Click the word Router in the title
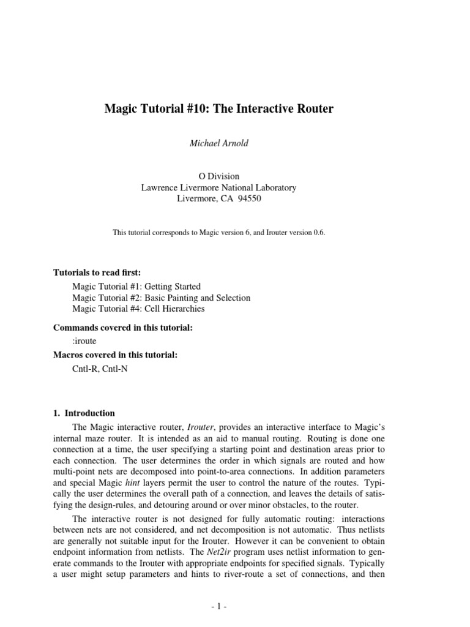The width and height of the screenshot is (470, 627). pos(311,109)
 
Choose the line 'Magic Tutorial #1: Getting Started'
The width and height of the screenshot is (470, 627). pos(136,286)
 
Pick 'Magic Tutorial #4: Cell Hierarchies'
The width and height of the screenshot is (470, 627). pos(138,309)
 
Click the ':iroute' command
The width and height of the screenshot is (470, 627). pos(84,341)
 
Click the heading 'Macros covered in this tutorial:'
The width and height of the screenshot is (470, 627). pos(115,355)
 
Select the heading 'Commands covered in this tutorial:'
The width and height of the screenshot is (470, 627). pos(123,328)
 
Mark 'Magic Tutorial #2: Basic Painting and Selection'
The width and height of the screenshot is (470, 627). pos(161,298)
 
